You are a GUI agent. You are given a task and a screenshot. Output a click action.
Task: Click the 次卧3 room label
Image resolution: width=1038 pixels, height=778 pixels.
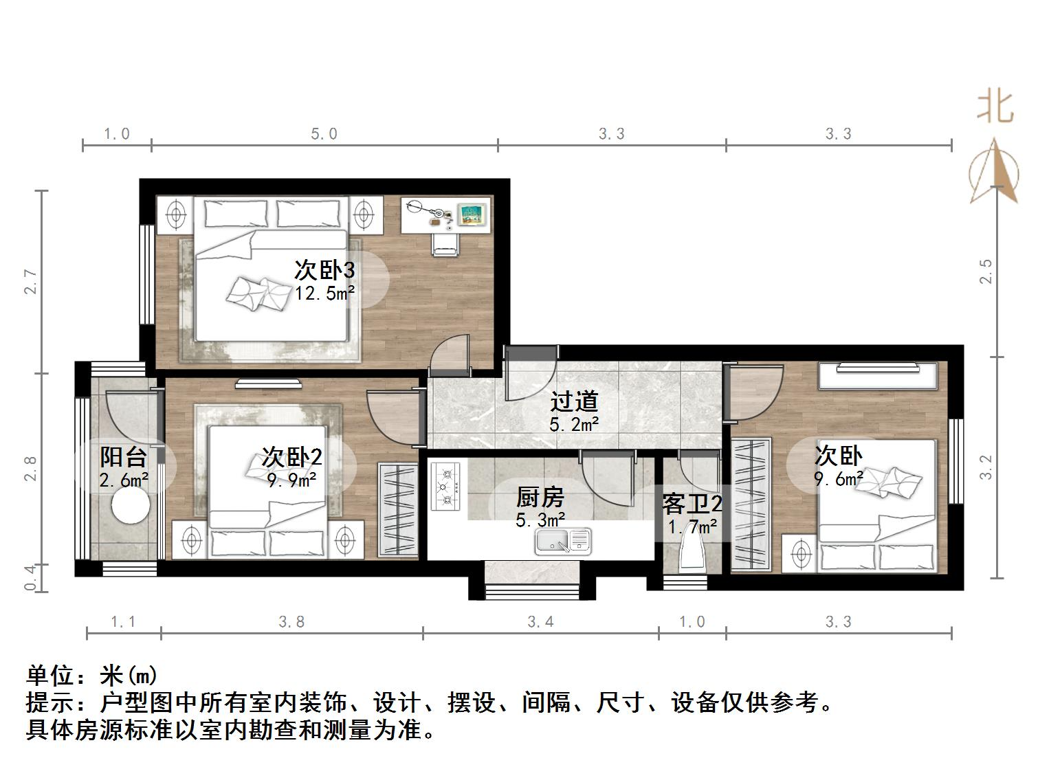pos(324,270)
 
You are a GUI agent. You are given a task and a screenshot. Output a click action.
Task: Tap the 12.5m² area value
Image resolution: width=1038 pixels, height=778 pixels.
pos(324,294)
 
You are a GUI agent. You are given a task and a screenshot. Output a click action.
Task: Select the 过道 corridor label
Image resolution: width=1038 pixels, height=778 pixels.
pos(574,401)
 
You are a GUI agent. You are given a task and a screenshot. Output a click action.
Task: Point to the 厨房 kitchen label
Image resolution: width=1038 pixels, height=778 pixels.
pos(540,496)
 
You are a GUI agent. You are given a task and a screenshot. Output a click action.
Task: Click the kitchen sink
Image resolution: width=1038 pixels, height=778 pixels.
pos(562,541)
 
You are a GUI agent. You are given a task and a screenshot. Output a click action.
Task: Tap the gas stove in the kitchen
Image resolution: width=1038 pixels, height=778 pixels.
pos(445,487)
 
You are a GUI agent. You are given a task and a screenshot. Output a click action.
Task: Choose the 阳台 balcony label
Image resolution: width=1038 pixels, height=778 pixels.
pos(124,456)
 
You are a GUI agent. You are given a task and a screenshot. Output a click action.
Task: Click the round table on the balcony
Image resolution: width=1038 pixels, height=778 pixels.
pos(131,507)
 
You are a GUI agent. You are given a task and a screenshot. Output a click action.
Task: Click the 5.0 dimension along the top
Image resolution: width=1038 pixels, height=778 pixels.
pos(324,134)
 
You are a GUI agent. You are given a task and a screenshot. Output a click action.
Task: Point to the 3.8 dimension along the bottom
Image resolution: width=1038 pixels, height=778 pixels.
pos(291,622)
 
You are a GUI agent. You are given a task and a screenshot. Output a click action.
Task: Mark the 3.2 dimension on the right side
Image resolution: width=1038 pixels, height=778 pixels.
pos(986,467)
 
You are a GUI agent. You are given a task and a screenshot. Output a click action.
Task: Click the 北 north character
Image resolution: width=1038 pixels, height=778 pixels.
pos(995,108)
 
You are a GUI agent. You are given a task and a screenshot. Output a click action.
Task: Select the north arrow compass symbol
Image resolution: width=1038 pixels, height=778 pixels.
pos(994,170)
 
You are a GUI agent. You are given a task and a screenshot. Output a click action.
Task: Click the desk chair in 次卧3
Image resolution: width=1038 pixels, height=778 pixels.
pos(445,243)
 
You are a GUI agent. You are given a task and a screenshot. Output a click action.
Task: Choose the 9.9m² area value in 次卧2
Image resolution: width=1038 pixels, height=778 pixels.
pos(291,480)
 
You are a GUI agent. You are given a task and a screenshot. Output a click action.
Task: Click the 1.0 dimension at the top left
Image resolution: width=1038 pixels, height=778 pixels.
pos(117,134)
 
